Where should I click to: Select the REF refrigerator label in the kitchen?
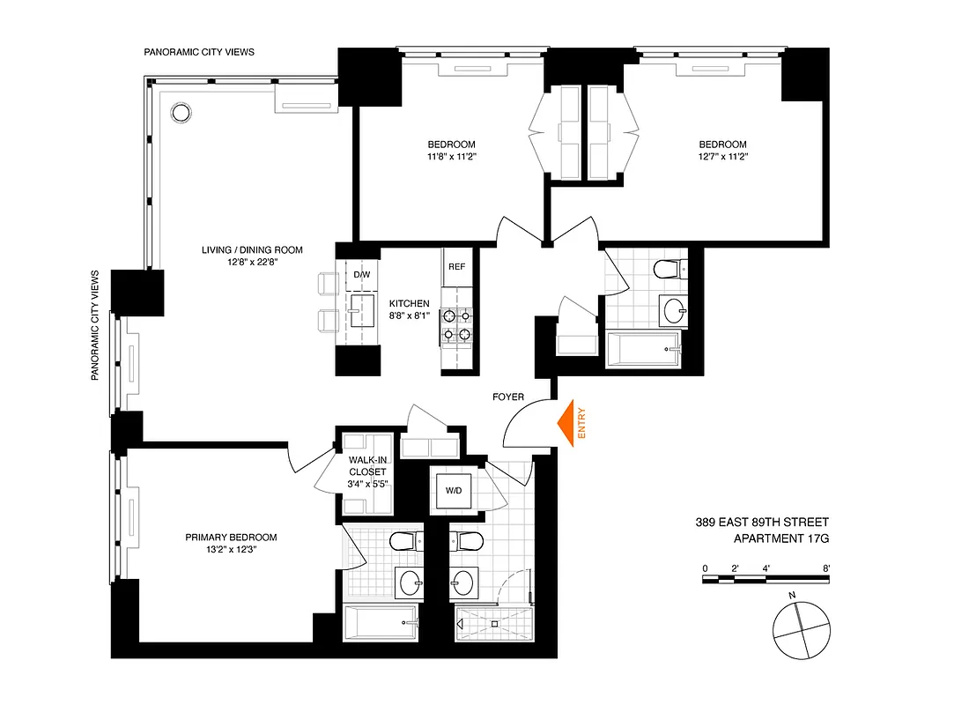tap(456, 266)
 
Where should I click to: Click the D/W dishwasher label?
tap(362, 274)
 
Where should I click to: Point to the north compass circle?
tap(801, 631)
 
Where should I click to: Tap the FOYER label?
tap(508, 397)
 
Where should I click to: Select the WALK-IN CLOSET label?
tap(366, 472)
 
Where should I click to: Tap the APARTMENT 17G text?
tap(781, 538)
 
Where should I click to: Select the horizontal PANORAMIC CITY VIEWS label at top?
tap(199, 52)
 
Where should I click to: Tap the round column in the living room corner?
tap(181, 112)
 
